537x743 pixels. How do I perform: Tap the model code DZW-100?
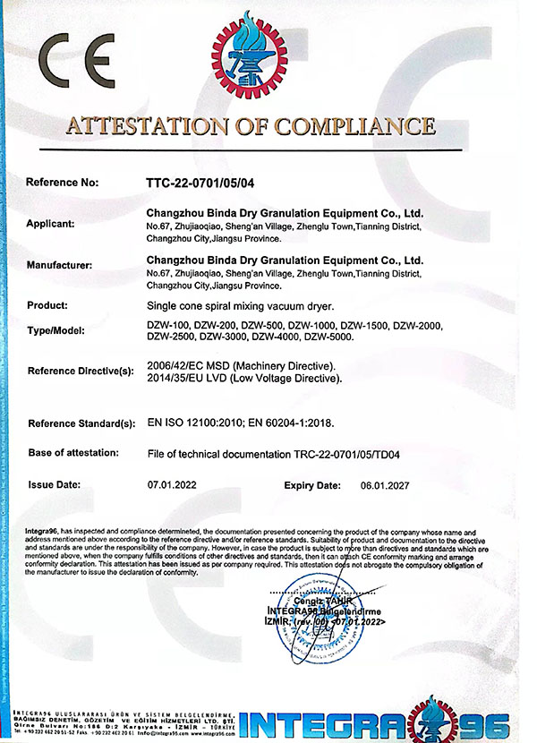click(x=166, y=324)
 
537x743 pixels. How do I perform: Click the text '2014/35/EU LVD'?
click(x=185, y=379)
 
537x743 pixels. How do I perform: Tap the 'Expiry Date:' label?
click(x=312, y=484)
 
